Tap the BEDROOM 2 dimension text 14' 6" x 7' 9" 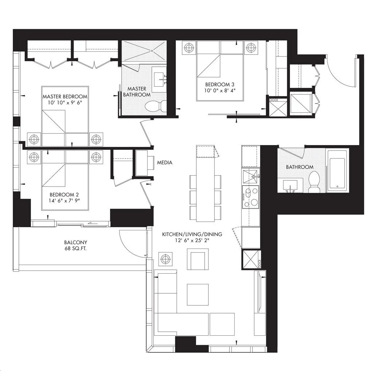(x=64, y=200)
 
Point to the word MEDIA (x=165, y=163)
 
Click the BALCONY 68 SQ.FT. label (x=76, y=246)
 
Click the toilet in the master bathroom (x=156, y=106)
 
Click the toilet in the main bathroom (x=314, y=181)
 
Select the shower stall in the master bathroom (x=144, y=51)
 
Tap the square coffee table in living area (x=198, y=294)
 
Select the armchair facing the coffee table (x=198, y=259)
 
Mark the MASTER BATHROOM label (x=137, y=91)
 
